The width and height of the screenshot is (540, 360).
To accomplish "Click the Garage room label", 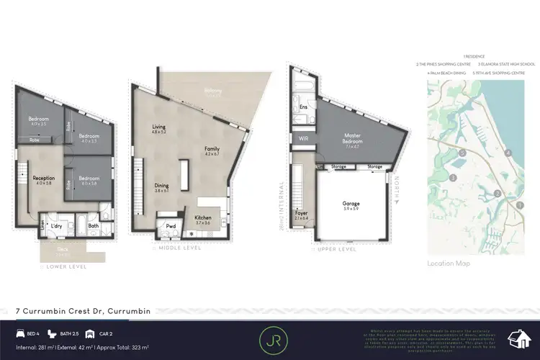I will [x=351, y=204].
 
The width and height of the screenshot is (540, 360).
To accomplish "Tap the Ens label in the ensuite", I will [x=303, y=109].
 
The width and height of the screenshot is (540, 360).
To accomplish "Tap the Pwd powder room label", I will [x=171, y=225].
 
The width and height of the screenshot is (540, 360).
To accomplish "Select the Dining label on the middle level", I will [x=162, y=186].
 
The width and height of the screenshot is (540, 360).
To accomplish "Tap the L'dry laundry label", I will [x=56, y=226].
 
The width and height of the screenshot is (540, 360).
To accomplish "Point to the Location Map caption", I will [x=449, y=264].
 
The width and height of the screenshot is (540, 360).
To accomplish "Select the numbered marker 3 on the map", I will [x=453, y=177].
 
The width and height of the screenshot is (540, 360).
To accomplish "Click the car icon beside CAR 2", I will [x=90, y=334].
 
